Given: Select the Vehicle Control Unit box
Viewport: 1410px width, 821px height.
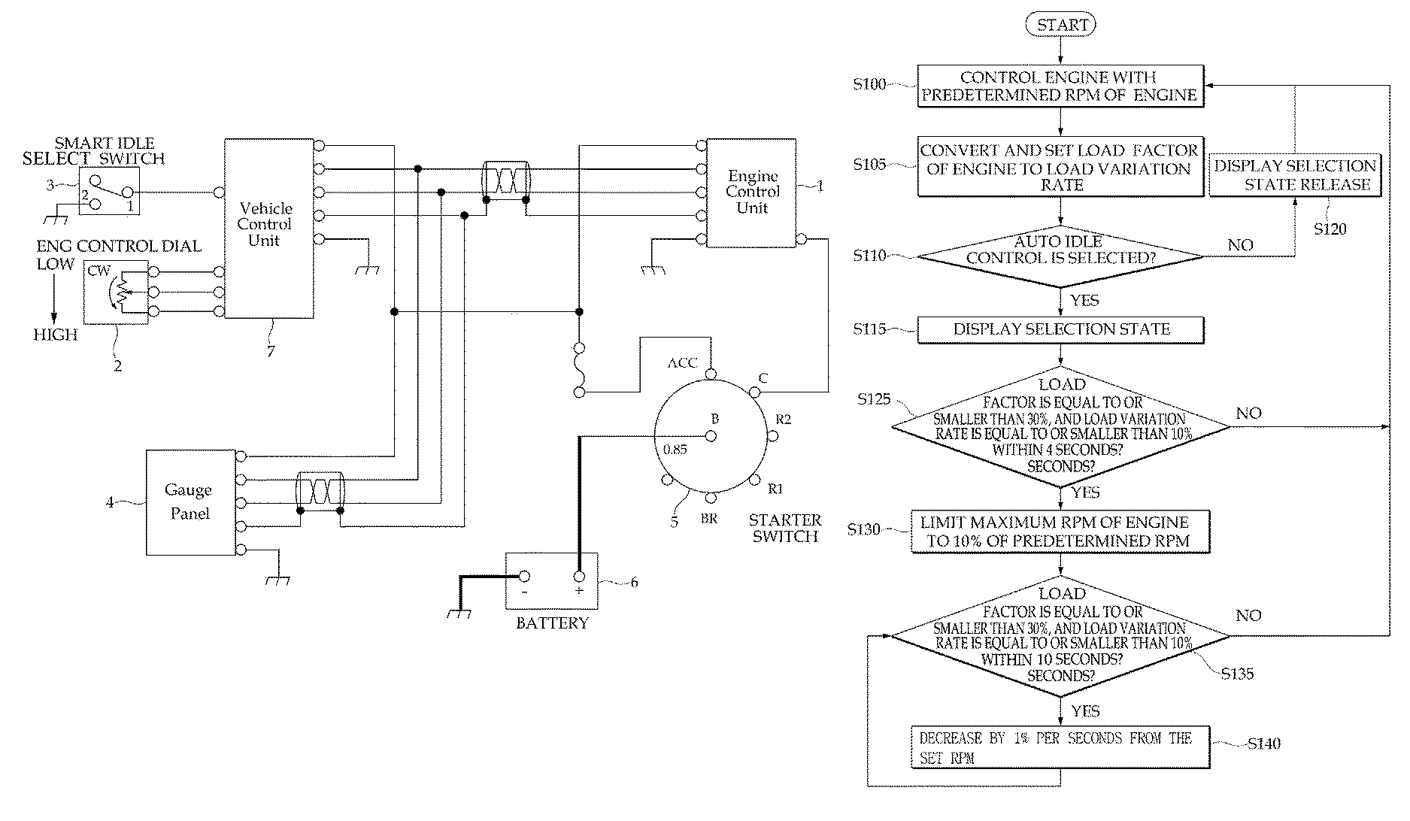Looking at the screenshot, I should (x=268, y=228).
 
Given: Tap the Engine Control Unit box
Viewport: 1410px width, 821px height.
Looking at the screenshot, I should (x=751, y=192).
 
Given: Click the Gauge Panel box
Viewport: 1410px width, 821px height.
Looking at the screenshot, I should (x=190, y=502).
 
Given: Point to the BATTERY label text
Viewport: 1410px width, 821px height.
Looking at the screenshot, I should (x=552, y=623).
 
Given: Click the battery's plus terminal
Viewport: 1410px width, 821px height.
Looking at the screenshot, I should (x=579, y=577).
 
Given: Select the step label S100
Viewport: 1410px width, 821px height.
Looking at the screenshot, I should (x=869, y=84).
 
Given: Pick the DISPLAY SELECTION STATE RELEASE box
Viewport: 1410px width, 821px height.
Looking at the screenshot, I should (x=1295, y=175).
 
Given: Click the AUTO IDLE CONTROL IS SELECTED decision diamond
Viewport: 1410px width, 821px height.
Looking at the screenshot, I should (x=1060, y=256).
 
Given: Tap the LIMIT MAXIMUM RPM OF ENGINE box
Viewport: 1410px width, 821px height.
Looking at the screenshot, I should (x=1060, y=532).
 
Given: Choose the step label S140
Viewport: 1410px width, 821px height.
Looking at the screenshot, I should (x=1263, y=744).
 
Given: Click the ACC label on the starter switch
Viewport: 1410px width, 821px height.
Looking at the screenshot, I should (x=683, y=363).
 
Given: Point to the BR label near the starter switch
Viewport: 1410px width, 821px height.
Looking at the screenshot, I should (x=709, y=519).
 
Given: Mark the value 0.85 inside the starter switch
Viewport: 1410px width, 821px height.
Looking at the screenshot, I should (x=675, y=450).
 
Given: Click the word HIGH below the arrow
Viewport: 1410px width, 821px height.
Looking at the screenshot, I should (x=56, y=335).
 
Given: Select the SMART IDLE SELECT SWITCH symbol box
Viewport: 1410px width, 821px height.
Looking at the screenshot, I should (x=109, y=191).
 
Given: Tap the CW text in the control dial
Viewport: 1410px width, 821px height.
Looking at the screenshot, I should (x=99, y=271).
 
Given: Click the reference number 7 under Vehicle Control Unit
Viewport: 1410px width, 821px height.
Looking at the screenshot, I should (x=271, y=351).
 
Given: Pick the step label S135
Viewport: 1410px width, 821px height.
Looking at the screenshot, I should (x=1237, y=674).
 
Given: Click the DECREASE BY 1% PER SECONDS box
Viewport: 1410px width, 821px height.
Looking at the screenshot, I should (x=1060, y=747).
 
